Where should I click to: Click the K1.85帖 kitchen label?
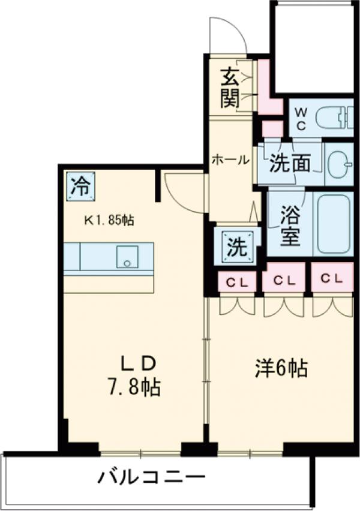[108, 220]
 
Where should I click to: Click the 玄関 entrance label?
[229, 88]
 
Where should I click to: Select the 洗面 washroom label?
[289, 163]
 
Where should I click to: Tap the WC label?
[301, 119]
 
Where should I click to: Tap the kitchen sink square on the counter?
[127, 257]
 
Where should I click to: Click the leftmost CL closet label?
[235, 279]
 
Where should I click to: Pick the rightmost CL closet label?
[331, 278]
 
